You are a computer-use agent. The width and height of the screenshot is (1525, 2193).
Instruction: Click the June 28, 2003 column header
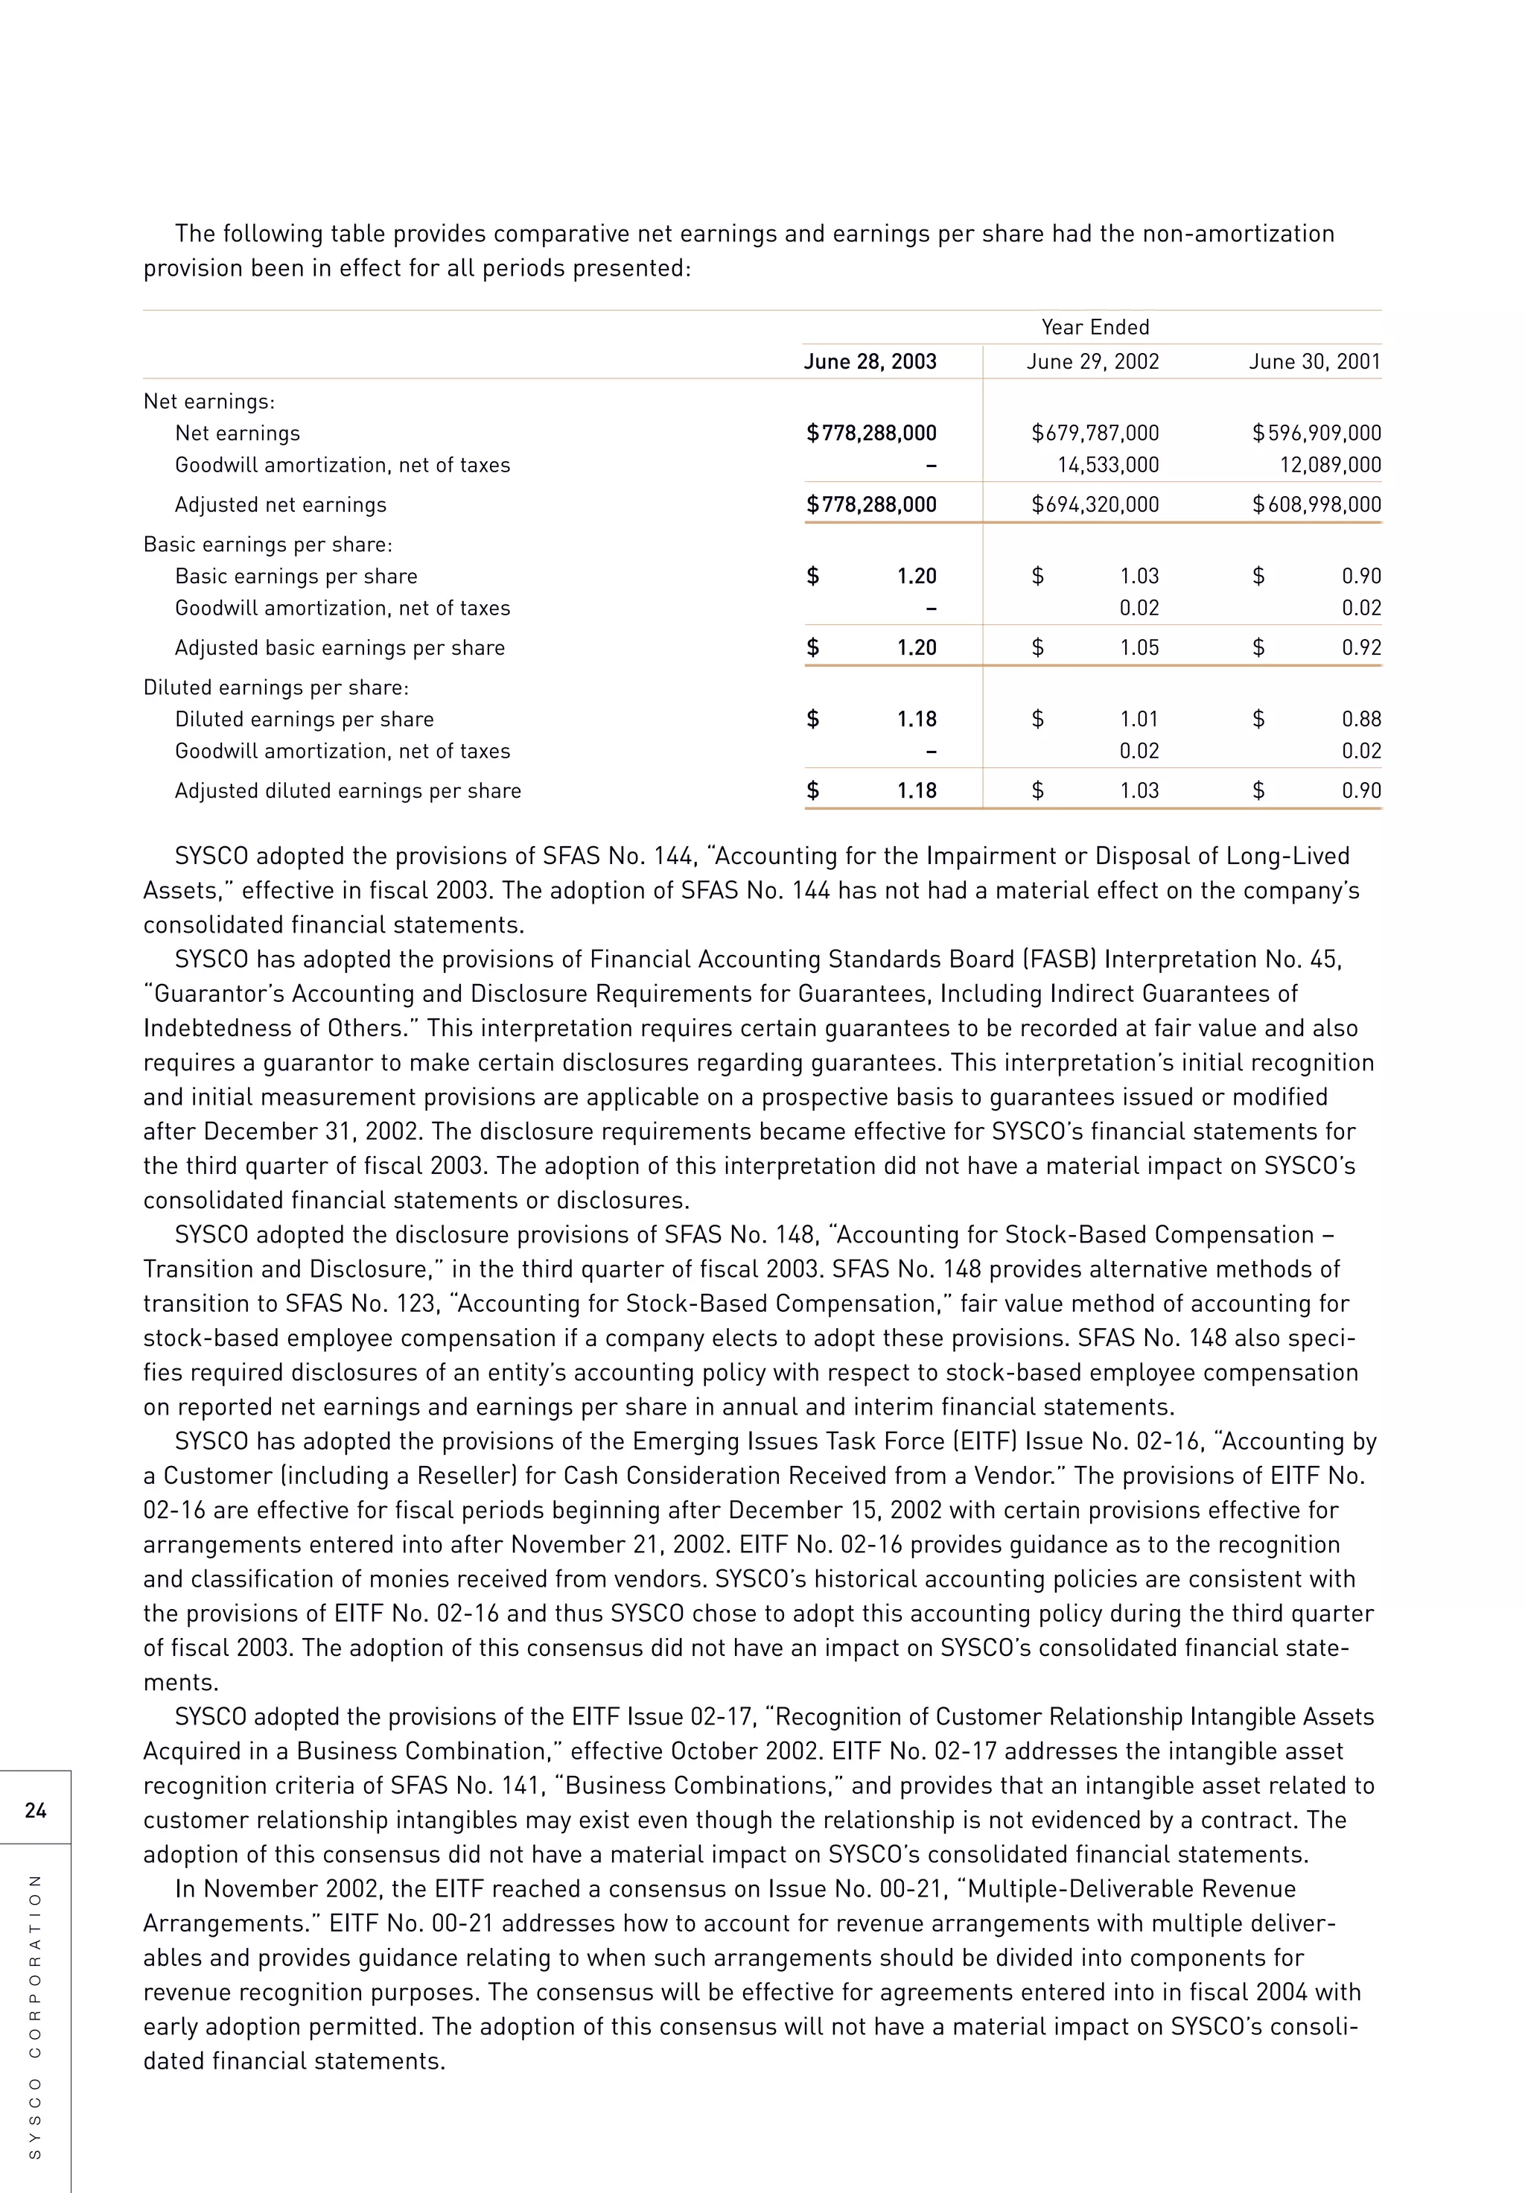(869, 361)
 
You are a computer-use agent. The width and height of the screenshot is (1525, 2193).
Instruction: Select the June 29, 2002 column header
(1092, 361)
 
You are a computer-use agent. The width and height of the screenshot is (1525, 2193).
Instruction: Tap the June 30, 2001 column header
(1314, 361)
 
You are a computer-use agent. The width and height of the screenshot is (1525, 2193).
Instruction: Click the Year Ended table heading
(1095, 327)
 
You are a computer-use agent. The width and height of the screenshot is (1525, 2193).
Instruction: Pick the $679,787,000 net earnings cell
(1095, 433)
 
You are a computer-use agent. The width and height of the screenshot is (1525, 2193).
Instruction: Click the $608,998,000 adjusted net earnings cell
(1316, 504)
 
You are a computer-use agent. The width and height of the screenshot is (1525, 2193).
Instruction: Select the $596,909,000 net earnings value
(1316, 433)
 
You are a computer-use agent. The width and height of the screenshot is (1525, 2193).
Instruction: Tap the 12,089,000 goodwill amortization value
(1329, 465)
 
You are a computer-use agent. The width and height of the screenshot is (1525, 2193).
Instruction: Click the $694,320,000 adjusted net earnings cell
(1095, 504)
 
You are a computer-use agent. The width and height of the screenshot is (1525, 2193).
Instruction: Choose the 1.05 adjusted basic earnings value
(1139, 647)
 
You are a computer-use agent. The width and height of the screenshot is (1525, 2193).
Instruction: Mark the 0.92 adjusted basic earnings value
(1360, 647)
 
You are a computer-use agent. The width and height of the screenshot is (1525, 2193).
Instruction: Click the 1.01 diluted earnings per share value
(1139, 720)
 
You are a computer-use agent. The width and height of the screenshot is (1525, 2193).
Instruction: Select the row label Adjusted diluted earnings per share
(348, 791)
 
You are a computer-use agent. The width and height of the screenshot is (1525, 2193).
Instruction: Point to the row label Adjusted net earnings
(280, 504)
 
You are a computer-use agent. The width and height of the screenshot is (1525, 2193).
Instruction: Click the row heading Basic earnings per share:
(267, 545)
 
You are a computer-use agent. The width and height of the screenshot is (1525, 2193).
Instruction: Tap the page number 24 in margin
(35, 1810)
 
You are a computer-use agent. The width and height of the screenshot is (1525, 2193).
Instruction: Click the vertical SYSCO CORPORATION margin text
(35, 2016)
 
